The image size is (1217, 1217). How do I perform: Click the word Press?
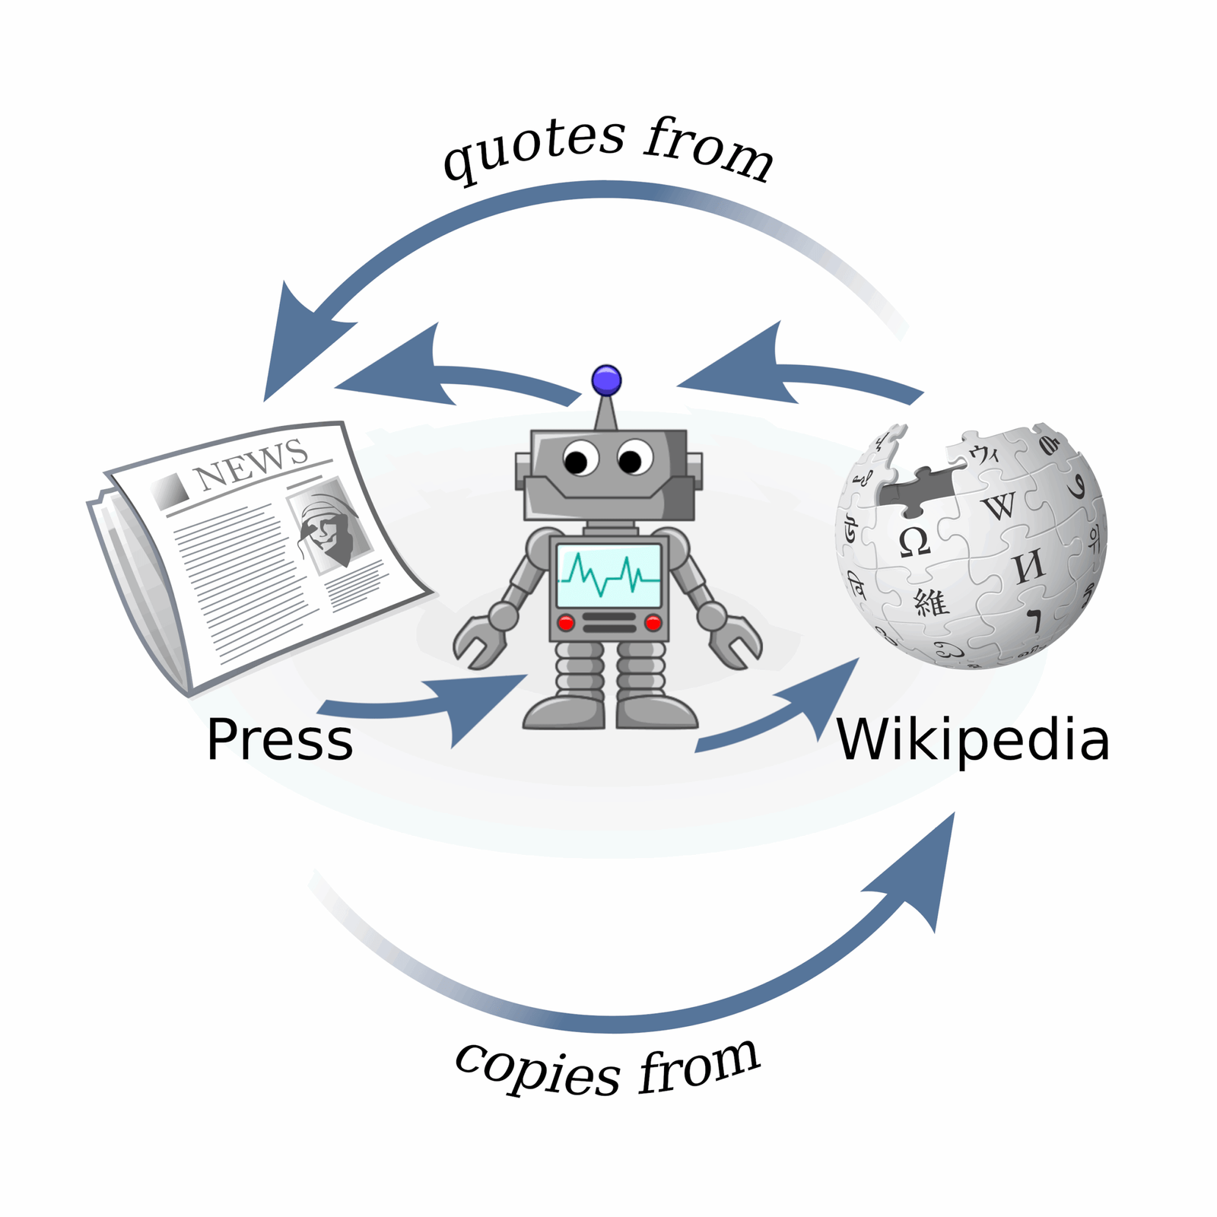point(279,740)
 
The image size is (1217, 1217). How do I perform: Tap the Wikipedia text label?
point(972,740)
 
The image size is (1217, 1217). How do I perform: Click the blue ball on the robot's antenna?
point(606,380)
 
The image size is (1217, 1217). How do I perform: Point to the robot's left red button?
point(566,624)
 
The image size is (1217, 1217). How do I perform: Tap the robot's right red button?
point(653,624)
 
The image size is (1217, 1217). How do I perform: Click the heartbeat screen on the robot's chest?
point(608,576)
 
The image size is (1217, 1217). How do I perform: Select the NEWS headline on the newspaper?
point(251,463)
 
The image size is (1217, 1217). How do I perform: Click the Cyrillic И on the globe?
point(1028,567)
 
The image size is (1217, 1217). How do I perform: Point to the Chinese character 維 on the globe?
point(931,602)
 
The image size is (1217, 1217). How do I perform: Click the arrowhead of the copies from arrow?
point(924,867)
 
